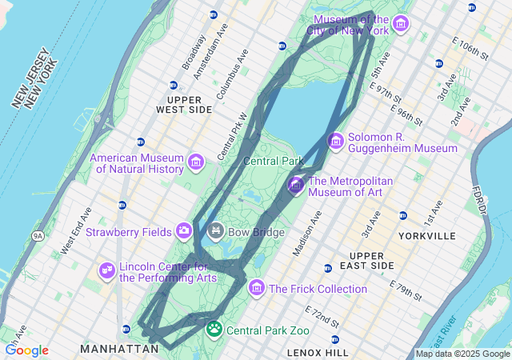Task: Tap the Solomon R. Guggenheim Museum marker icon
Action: click(336, 142)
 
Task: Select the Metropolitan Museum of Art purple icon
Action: click(296, 186)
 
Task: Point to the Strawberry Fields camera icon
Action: click(184, 231)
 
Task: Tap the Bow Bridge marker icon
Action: click(215, 232)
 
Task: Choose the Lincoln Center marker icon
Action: click(106, 272)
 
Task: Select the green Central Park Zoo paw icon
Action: click(214, 329)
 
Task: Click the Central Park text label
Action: click(273, 161)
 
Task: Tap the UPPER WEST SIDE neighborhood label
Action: click(184, 103)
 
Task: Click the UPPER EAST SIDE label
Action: click(372, 260)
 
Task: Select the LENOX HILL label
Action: click(318, 352)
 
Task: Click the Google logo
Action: click(26, 350)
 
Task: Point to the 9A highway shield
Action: click(38, 236)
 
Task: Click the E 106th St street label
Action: click(470, 48)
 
